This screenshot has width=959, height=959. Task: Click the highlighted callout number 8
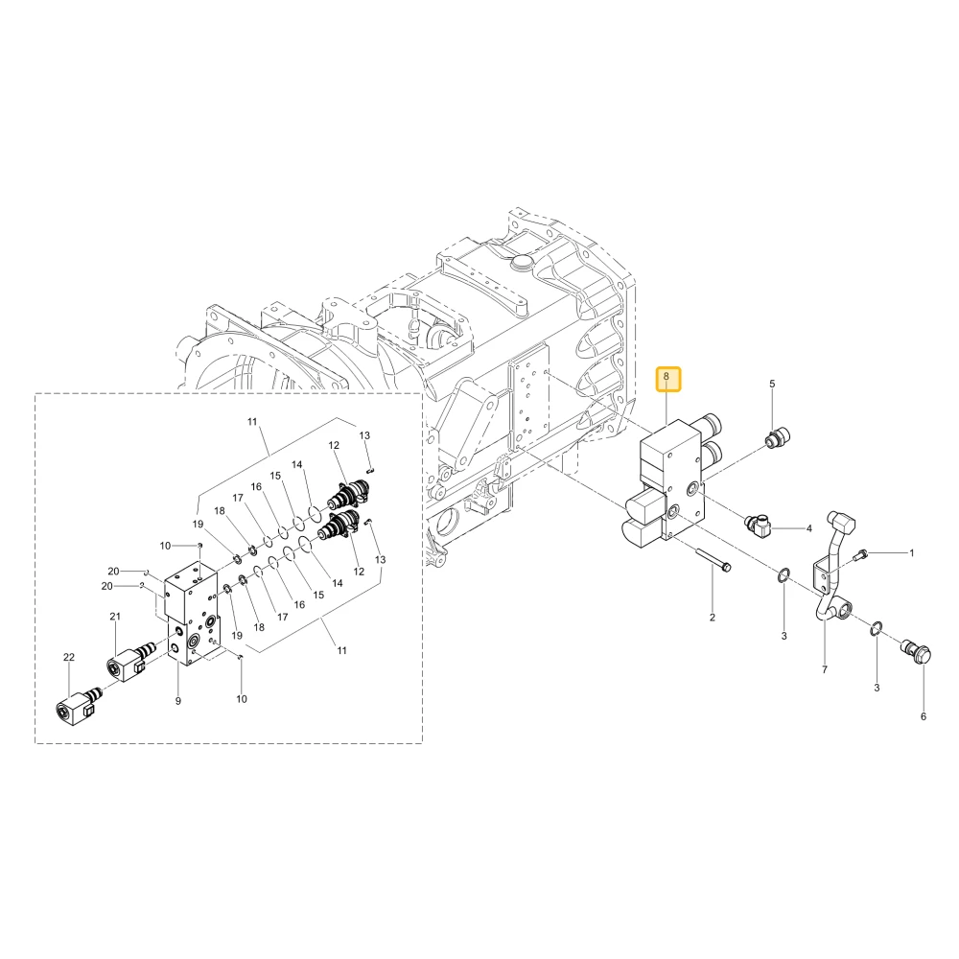[x=667, y=377]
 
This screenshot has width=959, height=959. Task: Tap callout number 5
[x=772, y=384]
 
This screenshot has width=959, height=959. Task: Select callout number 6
[x=924, y=716]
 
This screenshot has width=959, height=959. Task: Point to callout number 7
[x=825, y=669]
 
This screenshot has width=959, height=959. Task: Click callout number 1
[x=911, y=553]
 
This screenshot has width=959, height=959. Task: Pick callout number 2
[x=712, y=618]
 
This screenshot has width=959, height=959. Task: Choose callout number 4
[x=808, y=528]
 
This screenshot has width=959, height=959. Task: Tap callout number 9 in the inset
[x=178, y=701]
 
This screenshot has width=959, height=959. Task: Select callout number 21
[x=115, y=617]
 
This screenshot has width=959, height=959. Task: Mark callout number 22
[x=68, y=657]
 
